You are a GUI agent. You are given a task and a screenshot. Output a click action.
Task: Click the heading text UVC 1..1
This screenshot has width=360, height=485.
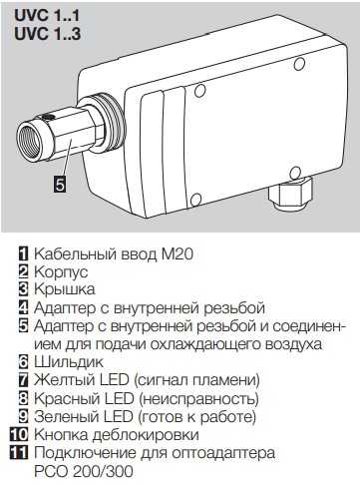coord(47,16)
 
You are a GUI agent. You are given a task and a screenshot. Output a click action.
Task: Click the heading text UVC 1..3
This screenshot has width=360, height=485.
coord(47,34)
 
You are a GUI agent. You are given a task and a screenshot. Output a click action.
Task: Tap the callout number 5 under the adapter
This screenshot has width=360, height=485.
coord(60,184)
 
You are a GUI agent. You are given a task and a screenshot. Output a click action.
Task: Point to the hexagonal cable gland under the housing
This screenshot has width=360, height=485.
coord(290,194)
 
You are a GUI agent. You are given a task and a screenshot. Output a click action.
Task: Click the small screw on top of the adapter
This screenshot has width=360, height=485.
coord(48,117)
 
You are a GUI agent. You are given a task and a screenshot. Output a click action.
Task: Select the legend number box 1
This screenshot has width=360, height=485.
coord(24,253)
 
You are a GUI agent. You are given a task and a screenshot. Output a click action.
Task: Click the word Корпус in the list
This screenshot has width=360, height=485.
coord(61,272)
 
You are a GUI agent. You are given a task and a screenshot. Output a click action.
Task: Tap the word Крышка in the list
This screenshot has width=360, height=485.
coord(65,289)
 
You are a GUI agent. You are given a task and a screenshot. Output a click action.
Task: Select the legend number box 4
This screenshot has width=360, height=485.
coord(24,307)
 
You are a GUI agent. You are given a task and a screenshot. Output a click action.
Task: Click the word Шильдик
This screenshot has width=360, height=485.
coord(69,362)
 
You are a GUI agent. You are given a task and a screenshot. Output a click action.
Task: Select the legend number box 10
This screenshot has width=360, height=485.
coord(19,434)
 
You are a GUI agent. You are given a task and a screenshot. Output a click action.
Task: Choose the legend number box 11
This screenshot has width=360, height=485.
coord(19,453)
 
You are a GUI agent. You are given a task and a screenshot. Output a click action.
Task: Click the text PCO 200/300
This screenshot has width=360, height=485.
coord(84,471)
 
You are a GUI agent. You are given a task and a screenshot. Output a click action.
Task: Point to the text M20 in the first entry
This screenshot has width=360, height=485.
coord(178,254)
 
